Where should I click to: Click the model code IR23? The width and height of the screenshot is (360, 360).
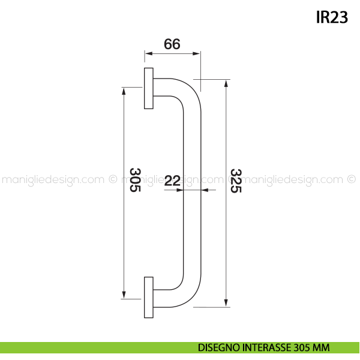pos(332,17)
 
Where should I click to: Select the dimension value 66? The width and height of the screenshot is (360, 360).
pos(172,44)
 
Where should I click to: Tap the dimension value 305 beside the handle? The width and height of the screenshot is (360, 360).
pos(135,180)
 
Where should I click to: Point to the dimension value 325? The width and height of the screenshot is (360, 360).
pos(236,181)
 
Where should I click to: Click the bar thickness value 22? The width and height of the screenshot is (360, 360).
pos(172,181)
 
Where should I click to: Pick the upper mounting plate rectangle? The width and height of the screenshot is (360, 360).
pos(149,88)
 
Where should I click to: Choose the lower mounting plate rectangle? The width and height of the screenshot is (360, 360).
pos(149,298)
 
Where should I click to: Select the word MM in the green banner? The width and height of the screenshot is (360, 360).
pos(321,347)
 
